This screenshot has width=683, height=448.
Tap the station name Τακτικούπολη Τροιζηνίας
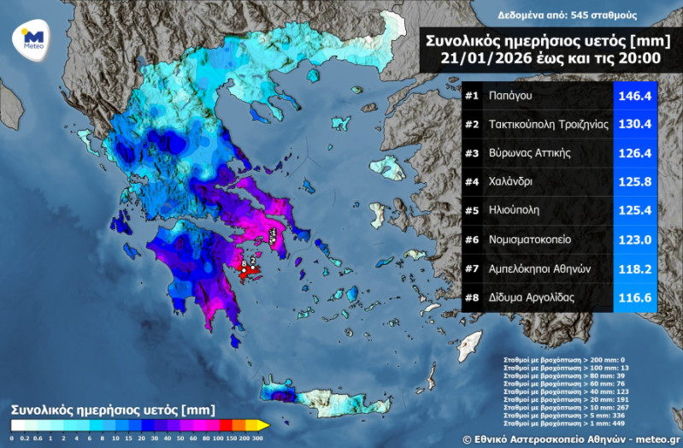coord(548,125)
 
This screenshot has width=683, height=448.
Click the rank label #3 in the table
coord(472,153)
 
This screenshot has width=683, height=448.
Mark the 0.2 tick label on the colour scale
coord(25,438)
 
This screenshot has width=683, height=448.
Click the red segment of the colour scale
coord(225,424)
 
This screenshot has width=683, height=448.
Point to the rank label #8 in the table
coord(472,297)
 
